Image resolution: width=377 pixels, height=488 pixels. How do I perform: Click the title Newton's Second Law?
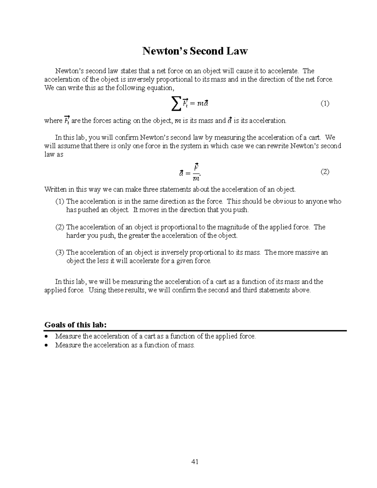pyautogui.click(x=195, y=51)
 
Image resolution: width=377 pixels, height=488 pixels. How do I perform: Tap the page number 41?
pyautogui.click(x=195, y=462)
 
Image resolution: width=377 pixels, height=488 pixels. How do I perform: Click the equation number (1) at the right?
pyautogui.click(x=325, y=103)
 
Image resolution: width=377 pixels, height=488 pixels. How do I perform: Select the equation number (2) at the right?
pyautogui.click(x=325, y=172)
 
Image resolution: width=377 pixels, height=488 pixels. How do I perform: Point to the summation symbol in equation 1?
pyautogui.click(x=177, y=104)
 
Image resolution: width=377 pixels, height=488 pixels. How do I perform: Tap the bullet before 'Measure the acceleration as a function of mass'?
pyautogui.click(x=47, y=345)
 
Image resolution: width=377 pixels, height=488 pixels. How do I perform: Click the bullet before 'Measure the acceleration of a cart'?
pyautogui.click(x=47, y=336)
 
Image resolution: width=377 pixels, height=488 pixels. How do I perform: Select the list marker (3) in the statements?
pyautogui.click(x=60, y=252)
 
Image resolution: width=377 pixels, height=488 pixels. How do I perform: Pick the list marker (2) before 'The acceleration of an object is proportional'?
pyautogui.click(x=60, y=227)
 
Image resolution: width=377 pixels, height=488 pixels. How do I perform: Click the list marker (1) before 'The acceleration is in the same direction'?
pyautogui.click(x=60, y=201)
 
